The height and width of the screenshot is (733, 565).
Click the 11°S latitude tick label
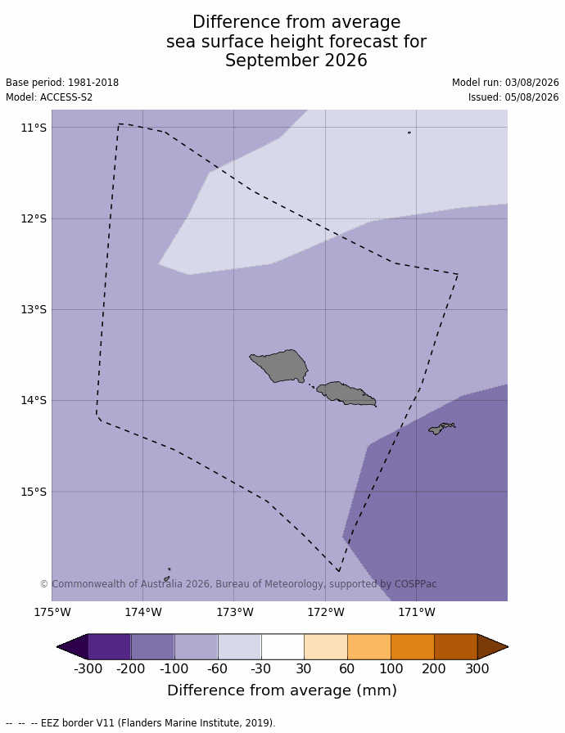[34, 128]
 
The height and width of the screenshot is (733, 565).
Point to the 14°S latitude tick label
[34, 400]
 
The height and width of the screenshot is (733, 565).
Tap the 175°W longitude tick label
[52, 612]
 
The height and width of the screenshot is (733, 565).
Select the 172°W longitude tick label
[326, 612]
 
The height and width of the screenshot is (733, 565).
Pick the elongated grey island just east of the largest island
[346, 393]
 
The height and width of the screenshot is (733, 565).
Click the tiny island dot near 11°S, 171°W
[409, 133]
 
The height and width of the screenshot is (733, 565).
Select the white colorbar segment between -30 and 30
[282, 646]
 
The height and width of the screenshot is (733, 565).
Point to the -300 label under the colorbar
[88, 668]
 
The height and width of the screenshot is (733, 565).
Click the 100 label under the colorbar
[391, 668]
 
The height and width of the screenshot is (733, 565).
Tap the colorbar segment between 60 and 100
[369, 646]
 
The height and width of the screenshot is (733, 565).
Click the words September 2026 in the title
[296, 61]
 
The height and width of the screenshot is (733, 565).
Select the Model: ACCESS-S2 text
[49, 97]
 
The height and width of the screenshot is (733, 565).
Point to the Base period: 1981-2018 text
[62, 83]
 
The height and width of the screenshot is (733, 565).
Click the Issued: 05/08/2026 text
[513, 97]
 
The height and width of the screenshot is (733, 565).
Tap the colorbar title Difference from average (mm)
[282, 690]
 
